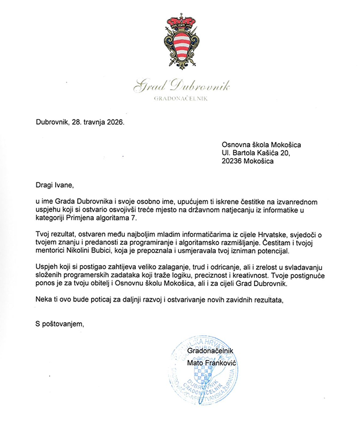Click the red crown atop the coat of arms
click(x=180, y=22)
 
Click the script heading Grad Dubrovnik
click(x=180, y=86)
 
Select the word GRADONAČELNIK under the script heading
click(x=180, y=98)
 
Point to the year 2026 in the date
click(x=114, y=122)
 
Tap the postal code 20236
click(x=233, y=162)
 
